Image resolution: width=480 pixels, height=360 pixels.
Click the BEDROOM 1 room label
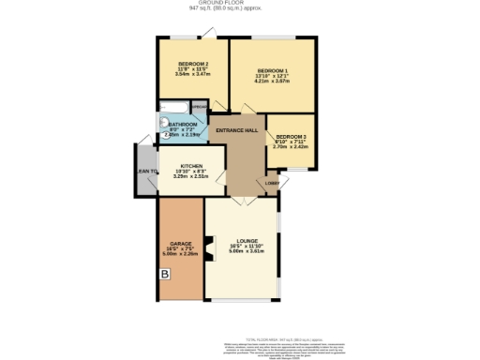tap(273, 70)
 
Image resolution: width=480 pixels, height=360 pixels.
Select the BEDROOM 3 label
tap(290, 136)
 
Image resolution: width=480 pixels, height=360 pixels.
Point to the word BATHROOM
tap(183, 124)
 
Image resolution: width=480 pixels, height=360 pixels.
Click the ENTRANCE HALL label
tap(237, 130)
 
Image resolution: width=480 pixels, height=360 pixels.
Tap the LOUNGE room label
tap(247, 241)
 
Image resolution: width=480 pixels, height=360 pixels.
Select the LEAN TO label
tap(146, 171)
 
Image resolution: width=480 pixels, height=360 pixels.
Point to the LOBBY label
tap(271, 182)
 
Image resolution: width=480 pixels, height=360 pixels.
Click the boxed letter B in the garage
tap(165, 275)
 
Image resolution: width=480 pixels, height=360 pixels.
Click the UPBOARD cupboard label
tap(199, 106)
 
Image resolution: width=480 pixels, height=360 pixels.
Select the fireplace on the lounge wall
tap(211, 249)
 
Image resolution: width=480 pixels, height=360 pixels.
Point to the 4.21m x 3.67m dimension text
tap(273, 82)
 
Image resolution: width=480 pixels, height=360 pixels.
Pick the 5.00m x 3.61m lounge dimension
tap(247, 252)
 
